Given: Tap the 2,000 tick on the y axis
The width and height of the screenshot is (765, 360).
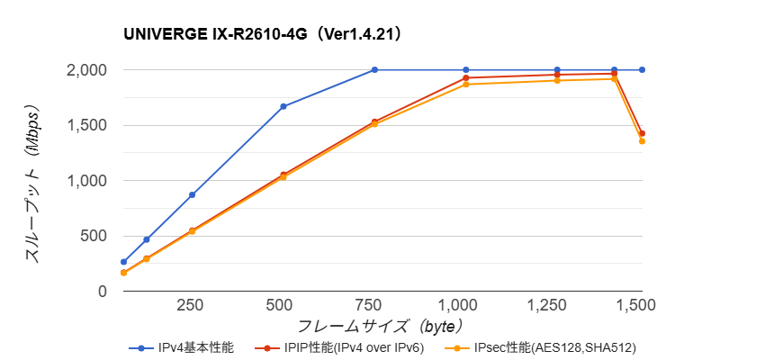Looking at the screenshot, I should coord(89,70).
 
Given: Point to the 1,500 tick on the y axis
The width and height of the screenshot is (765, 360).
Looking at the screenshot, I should coord(89,125).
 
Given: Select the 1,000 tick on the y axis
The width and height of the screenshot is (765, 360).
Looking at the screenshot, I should coord(89,181).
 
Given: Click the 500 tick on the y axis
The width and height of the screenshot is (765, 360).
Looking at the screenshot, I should coord(95,236).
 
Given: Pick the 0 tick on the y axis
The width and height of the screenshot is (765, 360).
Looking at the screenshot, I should coord(103,292).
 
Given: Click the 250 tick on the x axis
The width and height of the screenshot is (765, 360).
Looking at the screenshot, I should coord(190,305).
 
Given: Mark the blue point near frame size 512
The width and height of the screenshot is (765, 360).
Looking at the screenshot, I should coord(283,106).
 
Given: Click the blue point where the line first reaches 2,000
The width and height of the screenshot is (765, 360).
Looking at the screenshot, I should coord(374,70).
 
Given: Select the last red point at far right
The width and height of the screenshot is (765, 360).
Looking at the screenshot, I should coord(642,133).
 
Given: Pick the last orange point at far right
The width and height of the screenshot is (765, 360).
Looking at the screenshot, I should coord(642,141).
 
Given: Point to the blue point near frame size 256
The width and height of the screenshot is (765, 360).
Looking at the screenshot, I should coord(192,195).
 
